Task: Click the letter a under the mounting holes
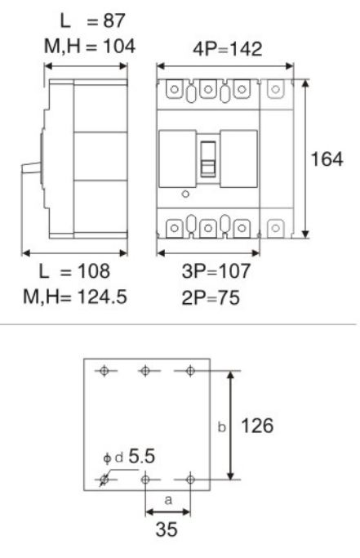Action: (x=167, y=495)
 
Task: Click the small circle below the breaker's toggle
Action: (x=184, y=194)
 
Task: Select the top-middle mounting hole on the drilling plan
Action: (x=145, y=372)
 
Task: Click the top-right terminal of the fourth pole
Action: (x=276, y=91)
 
